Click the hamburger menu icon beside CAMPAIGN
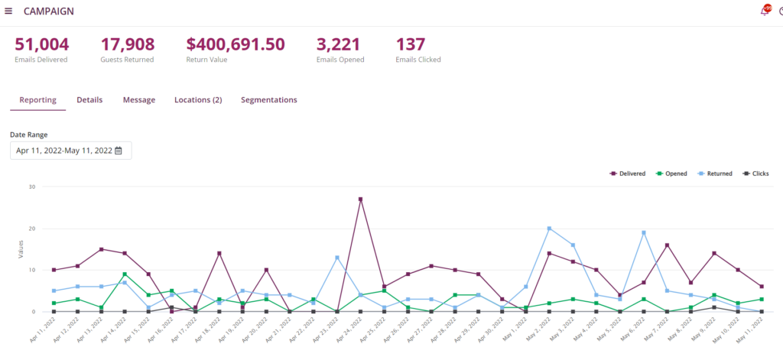[8, 11]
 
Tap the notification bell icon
[764, 11]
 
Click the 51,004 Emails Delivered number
[41, 44]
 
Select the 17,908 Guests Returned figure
[128, 44]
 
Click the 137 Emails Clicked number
[411, 44]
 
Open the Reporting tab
[37, 100]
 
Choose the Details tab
[89, 100]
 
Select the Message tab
[139, 100]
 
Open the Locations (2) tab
[198, 100]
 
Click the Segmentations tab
[269, 100]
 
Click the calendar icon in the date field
[119, 151]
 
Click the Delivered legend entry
[628, 174]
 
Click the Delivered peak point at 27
[360, 199]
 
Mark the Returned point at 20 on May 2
[549, 229]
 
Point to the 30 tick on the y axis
[31, 186]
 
